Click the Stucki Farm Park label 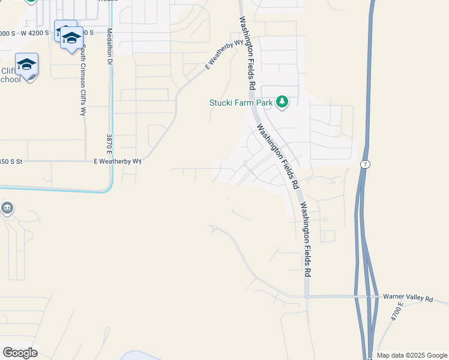[241, 103]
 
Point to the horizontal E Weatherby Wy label [117, 161]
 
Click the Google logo [20, 353]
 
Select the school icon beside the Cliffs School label [27, 64]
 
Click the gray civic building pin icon [7, 209]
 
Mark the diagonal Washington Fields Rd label [277, 156]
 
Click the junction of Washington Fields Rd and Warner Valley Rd [307, 296]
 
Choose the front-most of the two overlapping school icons [71, 38]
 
